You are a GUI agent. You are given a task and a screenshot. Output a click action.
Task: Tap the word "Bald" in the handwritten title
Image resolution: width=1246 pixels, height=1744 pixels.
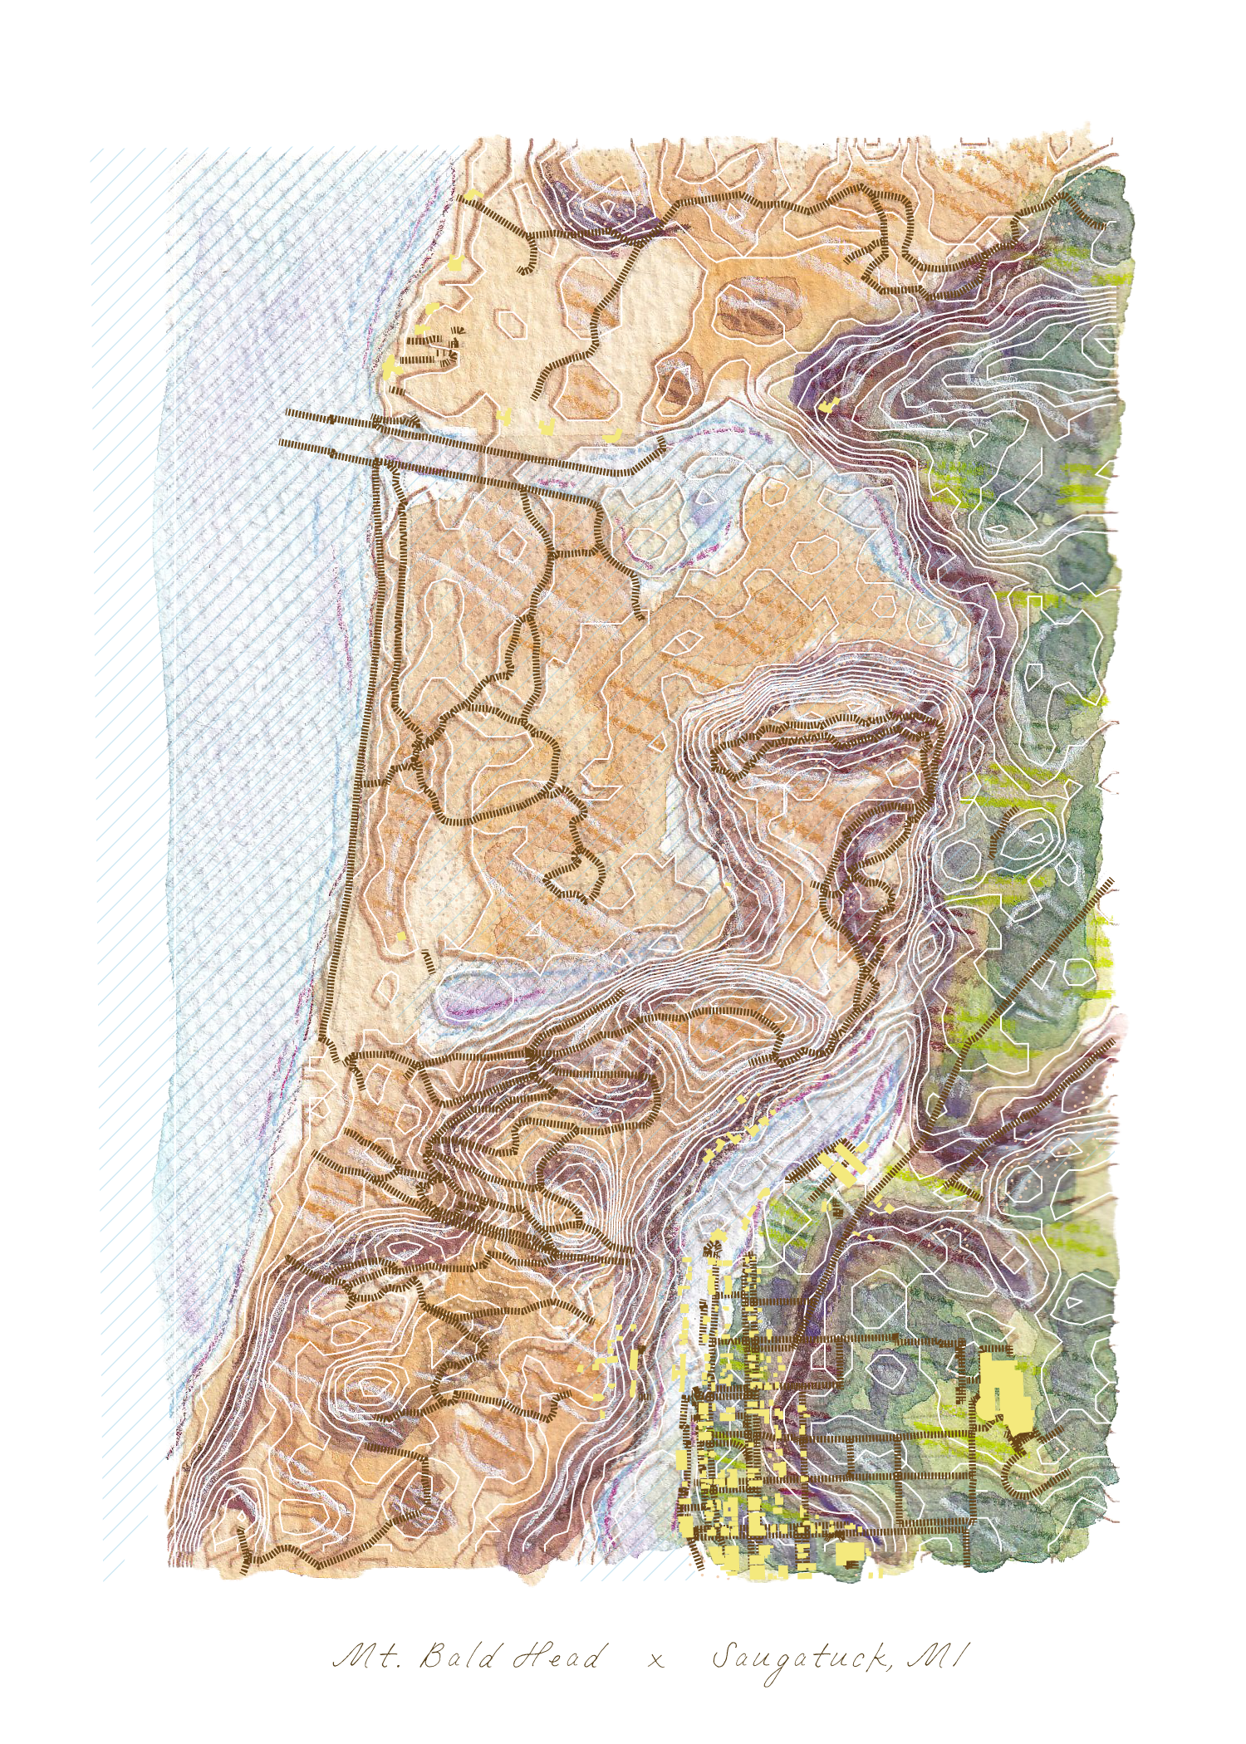(456, 1657)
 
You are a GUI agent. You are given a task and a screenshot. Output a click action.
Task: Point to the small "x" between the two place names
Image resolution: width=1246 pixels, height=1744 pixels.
(656, 1660)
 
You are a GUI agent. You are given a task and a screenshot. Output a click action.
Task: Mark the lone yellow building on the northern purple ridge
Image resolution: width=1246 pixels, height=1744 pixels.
(828, 406)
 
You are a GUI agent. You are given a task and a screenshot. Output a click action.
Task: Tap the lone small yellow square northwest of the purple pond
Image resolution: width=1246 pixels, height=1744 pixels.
(401, 937)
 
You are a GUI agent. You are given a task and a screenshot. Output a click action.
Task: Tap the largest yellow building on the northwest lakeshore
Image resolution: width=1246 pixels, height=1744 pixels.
(392, 365)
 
